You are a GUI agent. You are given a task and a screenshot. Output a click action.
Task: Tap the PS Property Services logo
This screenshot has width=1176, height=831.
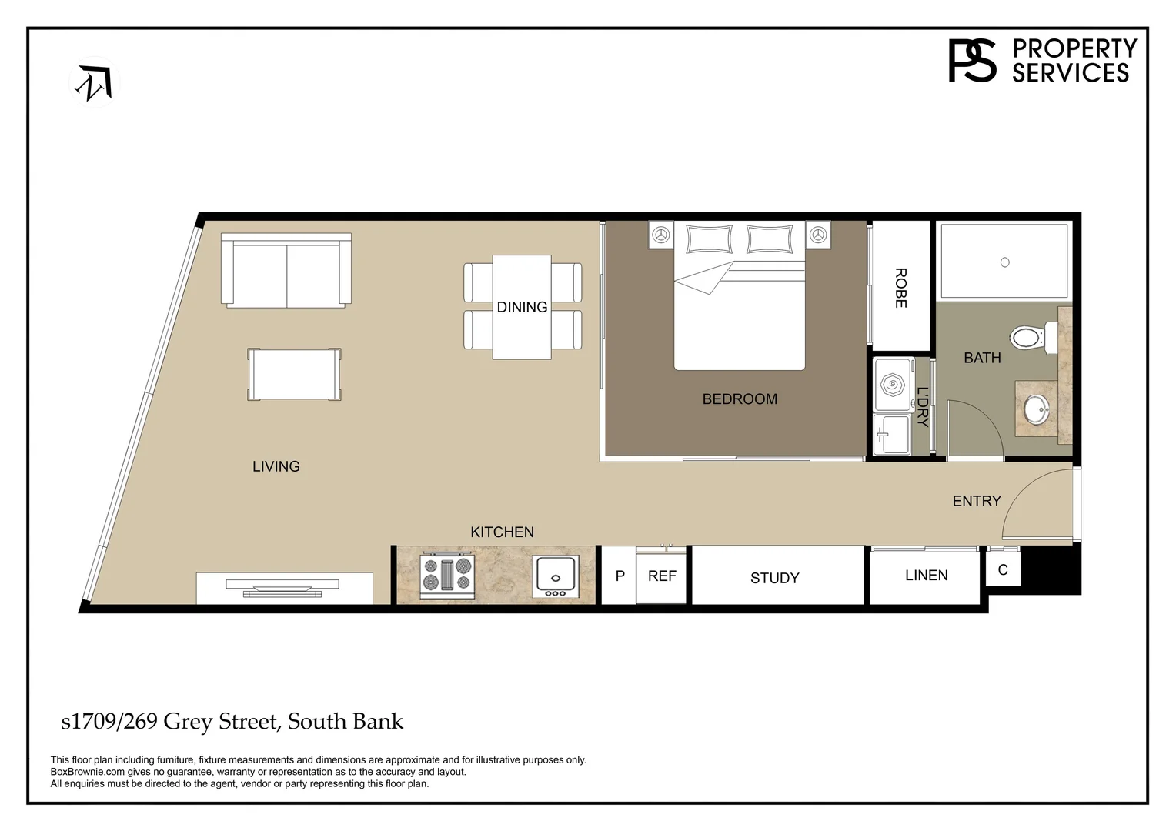tap(1042, 61)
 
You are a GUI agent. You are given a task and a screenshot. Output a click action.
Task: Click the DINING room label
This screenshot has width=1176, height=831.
tap(522, 307)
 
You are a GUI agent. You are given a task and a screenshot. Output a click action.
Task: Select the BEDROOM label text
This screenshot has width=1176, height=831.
tap(739, 399)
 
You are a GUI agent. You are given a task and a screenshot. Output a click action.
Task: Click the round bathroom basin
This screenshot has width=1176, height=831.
tap(1036, 408)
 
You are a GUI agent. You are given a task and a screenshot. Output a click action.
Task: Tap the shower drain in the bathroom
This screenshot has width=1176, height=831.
tap(1004, 262)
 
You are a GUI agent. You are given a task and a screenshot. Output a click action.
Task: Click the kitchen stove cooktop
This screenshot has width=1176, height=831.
tap(446, 576)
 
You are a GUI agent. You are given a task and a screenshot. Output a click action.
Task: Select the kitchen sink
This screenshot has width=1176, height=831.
tap(555, 576)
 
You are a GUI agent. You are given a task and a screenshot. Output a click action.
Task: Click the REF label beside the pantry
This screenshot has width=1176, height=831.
tap(661, 576)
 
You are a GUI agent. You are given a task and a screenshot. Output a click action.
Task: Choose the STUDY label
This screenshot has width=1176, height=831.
tap(774, 578)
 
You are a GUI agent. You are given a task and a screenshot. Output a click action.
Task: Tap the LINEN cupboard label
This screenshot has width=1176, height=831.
tap(926, 576)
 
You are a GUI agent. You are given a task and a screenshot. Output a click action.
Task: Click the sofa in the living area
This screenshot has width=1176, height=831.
tap(286, 272)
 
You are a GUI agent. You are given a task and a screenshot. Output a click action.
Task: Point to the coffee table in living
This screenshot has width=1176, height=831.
tap(294, 374)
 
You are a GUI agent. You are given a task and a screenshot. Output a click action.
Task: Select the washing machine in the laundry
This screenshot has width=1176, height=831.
tap(893, 384)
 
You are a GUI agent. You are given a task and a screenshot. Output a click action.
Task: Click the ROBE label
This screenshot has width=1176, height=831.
tap(900, 288)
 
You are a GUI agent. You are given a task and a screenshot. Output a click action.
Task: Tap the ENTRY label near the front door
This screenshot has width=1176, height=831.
tap(976, 501)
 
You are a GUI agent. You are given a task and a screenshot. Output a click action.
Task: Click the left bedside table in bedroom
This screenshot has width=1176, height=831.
tap(661, 234)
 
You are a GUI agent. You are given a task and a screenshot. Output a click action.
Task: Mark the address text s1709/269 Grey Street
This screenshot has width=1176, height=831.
tap(232, 722)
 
